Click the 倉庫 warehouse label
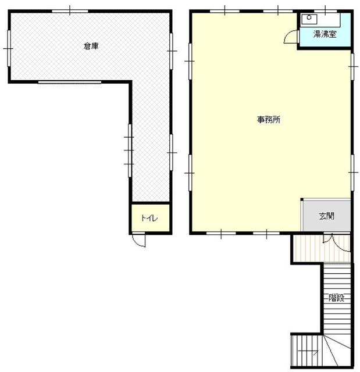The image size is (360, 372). click(x=91, y=46)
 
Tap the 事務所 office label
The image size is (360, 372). click(x=269, y=120)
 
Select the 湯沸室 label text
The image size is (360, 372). click(x=325, y=34)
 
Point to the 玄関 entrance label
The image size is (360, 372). click(x=327, y=216)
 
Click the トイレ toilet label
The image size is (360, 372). click(x=149, y=218)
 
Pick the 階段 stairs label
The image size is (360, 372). click(x=337, y=298)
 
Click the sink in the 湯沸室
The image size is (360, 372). click(x=309, y=19)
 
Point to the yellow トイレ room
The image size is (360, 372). click(x=151, y=217)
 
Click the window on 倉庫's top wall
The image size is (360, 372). click(x=70, y=11)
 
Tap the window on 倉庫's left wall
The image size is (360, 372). click(x=9, y=48)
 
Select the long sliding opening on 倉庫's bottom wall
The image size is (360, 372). click(x=70, y=83)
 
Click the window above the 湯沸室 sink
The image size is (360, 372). click(x=325, y=11)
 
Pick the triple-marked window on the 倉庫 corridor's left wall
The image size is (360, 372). click(x=130, y=151)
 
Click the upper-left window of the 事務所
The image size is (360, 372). click(x=190, y=61)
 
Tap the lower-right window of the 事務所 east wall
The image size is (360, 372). click(x=352, y=173)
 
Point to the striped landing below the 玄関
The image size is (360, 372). click(x=322, y=248)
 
